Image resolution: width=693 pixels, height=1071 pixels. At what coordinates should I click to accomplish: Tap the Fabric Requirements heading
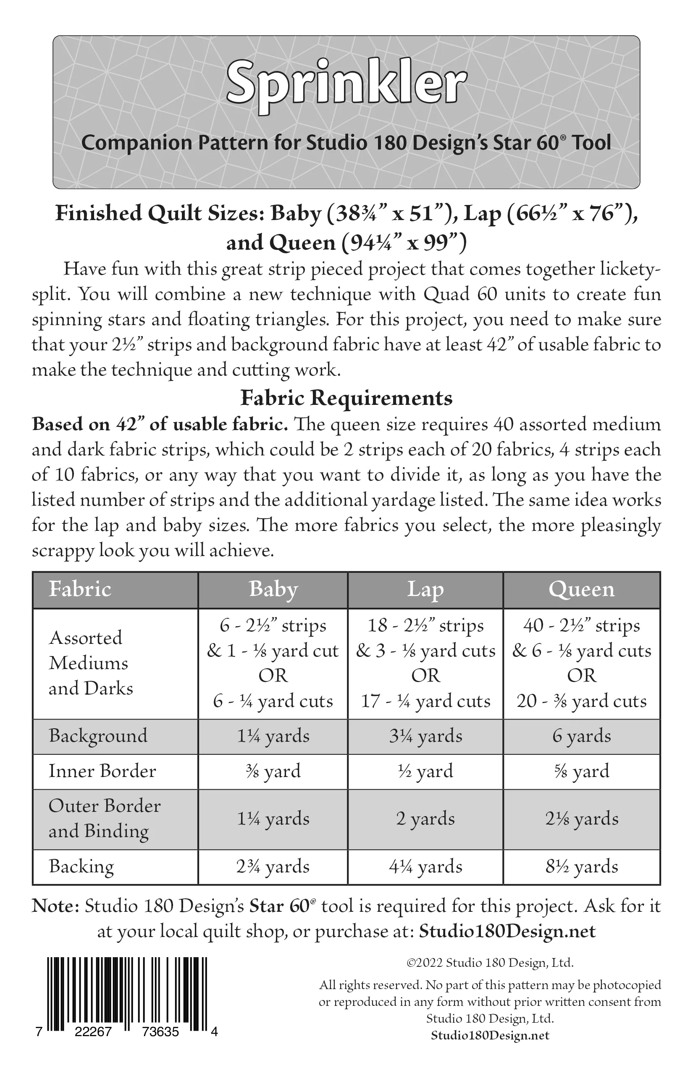coord(346,398)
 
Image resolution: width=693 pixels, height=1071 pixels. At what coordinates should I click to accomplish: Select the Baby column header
coord(273,590)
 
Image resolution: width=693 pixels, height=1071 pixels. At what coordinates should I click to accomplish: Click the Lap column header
coord(425,590)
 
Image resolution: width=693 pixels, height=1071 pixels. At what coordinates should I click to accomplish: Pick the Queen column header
coord(581,590)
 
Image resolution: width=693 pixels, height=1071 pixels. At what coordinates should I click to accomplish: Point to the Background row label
coord(98,736)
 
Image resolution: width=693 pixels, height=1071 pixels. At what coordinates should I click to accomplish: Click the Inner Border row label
coord(102,771)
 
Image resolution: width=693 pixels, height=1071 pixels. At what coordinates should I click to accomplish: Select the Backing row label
coord(81,867)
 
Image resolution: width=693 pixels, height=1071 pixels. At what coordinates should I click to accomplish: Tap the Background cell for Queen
coord(581,736)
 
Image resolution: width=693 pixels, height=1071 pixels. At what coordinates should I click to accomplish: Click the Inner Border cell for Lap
coord(425,771)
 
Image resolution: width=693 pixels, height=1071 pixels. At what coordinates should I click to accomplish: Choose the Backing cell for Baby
coord(273,867)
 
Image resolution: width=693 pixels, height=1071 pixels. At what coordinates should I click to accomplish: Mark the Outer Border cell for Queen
coord(581,819)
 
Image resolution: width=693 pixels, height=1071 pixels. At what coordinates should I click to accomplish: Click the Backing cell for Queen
coord(581,867)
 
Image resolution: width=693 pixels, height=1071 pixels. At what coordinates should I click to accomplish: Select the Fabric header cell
coord(80,590)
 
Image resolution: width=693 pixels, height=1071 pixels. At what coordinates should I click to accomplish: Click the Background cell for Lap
coord(425,736)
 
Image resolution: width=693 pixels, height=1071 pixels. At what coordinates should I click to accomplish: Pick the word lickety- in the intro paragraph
coord(630,269)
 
